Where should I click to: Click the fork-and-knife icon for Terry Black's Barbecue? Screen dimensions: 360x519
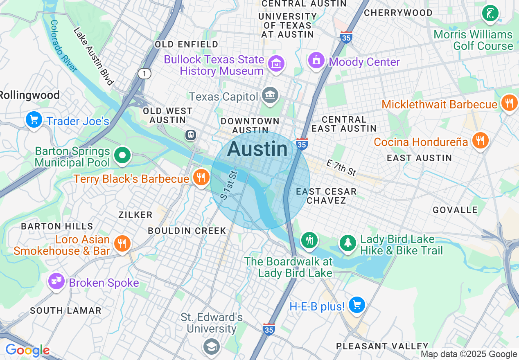[x=201, y=178]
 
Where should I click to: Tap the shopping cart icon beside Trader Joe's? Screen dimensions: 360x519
[x=34, y=120]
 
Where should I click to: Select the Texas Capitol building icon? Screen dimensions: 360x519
[x=270, y=96]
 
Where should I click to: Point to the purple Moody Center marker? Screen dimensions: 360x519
[x=316, y=61]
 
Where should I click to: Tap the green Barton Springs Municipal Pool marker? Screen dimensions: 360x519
[x=122, y=155]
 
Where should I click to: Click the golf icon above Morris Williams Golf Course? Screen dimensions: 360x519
[x=490, y=13]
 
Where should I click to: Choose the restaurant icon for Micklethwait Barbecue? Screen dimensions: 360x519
[x=509, y=103]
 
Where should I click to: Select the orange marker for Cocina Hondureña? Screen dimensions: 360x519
[x=480, y=140]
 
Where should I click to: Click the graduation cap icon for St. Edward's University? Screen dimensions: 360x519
[x=212, y=347]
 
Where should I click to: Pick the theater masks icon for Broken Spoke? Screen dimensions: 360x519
[x=56, y=281]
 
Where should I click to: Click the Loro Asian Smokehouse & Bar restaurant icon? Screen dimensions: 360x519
[x=122, y=243]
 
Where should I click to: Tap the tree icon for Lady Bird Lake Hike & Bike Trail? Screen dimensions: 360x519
[x=348, y=243]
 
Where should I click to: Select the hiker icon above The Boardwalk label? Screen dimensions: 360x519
[x=310, y=240]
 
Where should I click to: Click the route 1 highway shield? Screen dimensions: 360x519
[x=144, y=74]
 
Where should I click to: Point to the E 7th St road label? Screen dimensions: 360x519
[x=341, y=168]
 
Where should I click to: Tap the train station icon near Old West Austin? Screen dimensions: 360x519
[x=190, y=135]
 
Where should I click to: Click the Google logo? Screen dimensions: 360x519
[x=27, y=351]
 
